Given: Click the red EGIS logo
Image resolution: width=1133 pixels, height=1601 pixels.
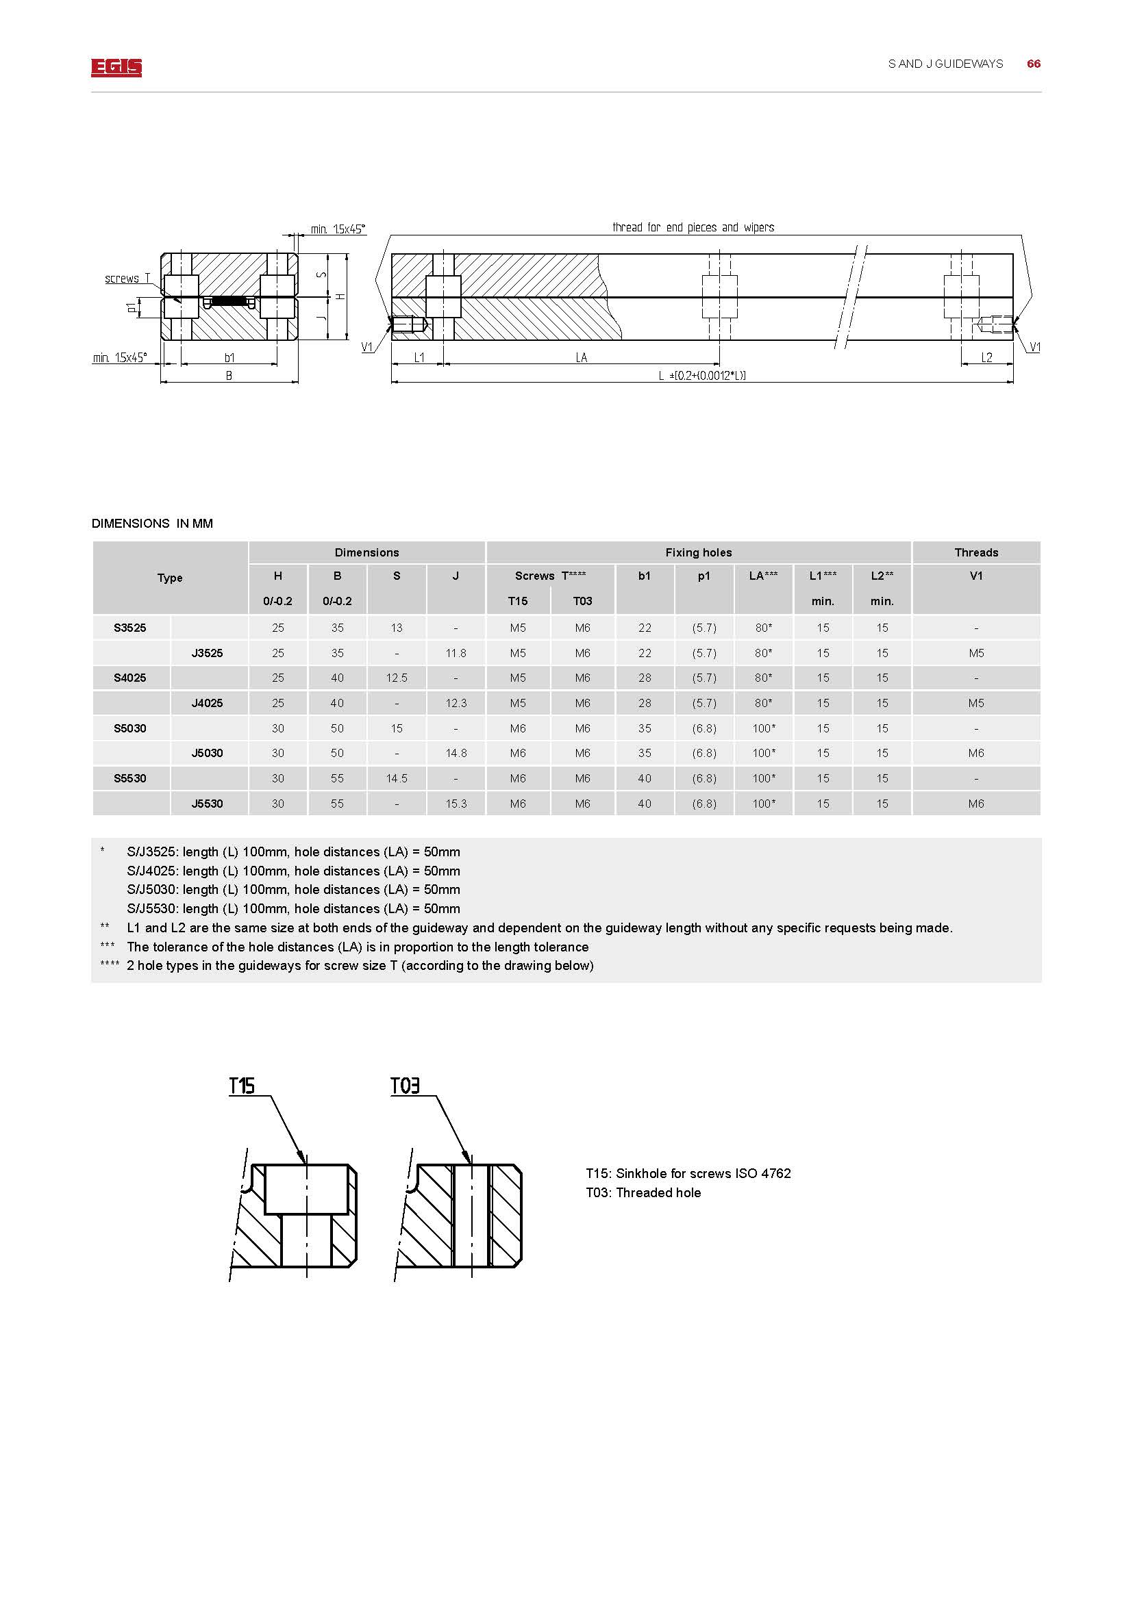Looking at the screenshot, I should (x=116, y=68).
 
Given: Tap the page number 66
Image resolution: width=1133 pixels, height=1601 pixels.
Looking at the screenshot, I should (x=1033, y=64).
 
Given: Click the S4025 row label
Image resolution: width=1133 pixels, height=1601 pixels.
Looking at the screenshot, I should (x=130, y=678).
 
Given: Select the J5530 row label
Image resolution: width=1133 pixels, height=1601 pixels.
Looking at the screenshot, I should (x=207, y=804).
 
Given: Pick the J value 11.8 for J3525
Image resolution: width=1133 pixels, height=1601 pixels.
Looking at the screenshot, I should (x=456, y=654).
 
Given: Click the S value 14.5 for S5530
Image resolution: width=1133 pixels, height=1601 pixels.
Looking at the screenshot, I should (x=396, y=778).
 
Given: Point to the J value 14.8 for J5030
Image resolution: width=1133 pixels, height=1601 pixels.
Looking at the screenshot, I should (x=456, y=753).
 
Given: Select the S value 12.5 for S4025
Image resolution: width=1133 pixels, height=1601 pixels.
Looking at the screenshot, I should (x=396, y=678).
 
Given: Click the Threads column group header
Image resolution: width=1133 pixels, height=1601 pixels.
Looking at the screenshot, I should (x=976, y=552).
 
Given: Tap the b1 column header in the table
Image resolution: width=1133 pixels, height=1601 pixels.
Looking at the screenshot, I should (x=644, y=576).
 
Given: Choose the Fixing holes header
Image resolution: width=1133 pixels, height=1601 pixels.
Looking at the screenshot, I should (x=698, y=552).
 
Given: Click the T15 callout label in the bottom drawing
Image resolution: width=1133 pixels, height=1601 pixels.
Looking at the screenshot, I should (x=242, y=1086).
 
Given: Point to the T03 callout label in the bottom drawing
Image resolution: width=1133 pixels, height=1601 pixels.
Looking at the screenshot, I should (x=405, y=1086).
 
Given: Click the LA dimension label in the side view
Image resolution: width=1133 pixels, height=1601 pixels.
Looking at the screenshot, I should (x=581, y=358).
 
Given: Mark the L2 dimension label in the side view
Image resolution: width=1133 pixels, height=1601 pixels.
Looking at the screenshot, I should (x=986, y=358).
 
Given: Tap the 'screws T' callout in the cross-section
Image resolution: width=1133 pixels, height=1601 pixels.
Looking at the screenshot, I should (x=127, y=278).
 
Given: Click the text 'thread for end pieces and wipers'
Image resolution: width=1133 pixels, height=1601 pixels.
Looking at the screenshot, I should (x=693, y=227).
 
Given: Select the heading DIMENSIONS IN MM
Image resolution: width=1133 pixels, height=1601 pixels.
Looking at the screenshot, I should (x=152, y=524).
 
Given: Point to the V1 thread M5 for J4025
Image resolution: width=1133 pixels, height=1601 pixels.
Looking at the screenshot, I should (x=976, y=703).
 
